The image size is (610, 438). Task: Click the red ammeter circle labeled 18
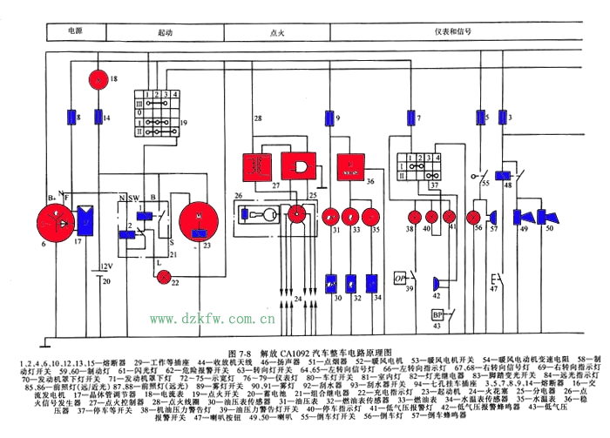[98, 80]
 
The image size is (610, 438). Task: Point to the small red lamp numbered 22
[161, 277]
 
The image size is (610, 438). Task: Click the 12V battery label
[105, 266]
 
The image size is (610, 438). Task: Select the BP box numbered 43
[437, 313]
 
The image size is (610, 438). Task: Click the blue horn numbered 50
[549, 217]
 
